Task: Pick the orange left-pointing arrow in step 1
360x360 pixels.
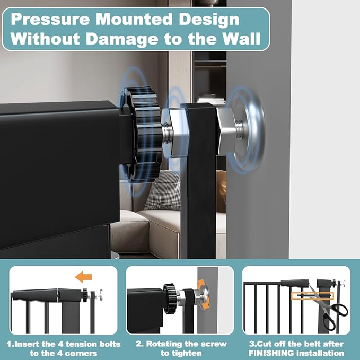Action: pos(83,276)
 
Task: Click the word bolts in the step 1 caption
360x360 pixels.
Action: pos(110,344)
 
